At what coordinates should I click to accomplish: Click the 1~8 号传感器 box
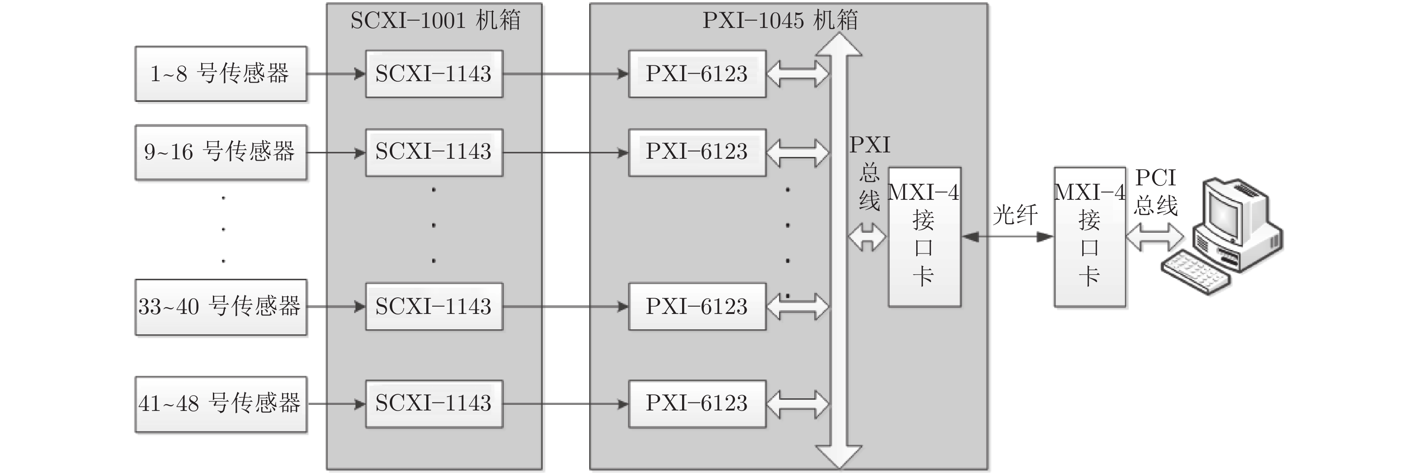click(x=221, y=74)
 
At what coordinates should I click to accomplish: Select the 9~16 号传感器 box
click(x=221, y=152)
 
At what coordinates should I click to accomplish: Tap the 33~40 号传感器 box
click(x=221, y=307)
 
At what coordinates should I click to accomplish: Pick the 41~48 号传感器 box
click(x=221, y=404)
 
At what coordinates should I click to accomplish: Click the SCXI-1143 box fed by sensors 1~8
click(x=434, y=74)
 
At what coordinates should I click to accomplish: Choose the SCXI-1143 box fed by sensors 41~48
click(x=434, y=403)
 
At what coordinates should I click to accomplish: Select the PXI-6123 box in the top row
click(x=697, y=74)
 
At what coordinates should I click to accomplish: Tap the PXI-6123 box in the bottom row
click(x=697, y=403)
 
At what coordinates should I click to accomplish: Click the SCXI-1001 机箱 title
click(x=435, y=20)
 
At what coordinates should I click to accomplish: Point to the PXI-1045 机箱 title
click(x=780, y=20)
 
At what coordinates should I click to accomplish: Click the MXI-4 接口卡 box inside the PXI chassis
click(x=924, y=237)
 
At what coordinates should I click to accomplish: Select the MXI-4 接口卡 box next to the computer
click(x=1089, y=237)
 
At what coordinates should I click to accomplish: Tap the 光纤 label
click(x=1015, y=215)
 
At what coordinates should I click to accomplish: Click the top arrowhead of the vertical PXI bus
click(x=839, y=44)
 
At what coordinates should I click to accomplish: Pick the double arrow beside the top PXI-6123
click(x=798, y=74)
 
